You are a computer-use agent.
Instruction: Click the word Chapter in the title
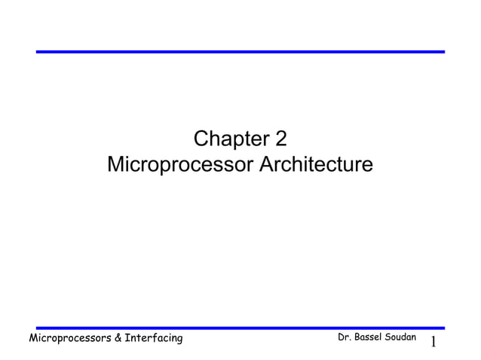(228, 140)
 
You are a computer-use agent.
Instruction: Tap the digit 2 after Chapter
(280, 140)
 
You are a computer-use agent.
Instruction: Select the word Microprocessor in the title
(181, 164)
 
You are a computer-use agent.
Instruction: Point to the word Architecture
(316, 164)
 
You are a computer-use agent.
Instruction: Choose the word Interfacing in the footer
(155, 339)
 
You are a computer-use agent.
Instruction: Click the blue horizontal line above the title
(240, 52)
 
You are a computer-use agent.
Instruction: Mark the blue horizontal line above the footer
(240, 328)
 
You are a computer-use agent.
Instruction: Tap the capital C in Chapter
(201, 140)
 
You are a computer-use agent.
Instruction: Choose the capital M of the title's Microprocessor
(116, 164)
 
